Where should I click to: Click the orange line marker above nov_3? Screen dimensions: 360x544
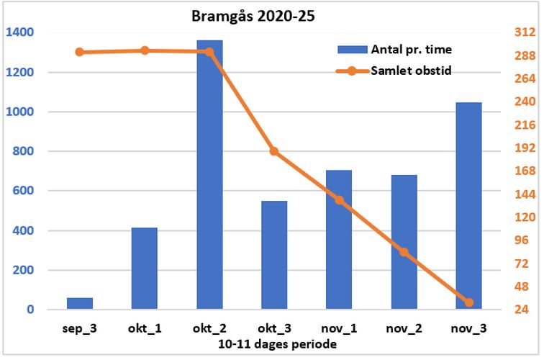(468, 302)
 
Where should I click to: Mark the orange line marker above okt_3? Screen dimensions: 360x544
(274, 151)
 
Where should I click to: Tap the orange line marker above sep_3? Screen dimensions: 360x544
(80, 52)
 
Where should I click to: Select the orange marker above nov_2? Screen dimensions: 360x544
(404, 252)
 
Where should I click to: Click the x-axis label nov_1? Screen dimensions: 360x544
(339, 328)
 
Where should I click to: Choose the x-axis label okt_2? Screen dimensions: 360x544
(209, 328)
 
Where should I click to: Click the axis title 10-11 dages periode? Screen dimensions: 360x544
(277, 344)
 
